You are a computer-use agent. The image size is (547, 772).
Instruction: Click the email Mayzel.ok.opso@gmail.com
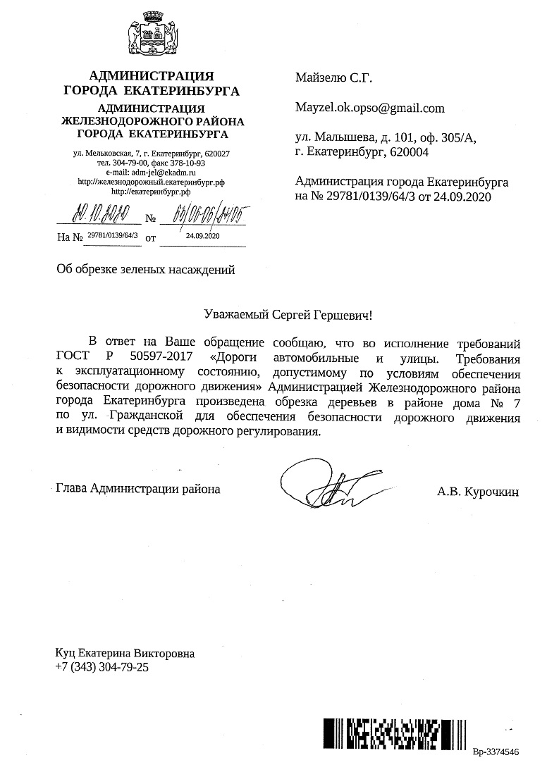pos(370,108)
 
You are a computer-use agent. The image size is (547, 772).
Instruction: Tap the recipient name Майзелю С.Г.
pos(333,78)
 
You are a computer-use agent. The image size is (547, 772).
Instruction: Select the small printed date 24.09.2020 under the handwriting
pos(203,237)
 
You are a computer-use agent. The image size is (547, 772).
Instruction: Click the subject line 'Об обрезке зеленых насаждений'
pos(145,268)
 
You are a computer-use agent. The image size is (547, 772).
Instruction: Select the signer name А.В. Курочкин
pos(477,493)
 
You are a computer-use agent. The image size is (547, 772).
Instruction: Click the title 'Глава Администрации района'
pos(137,488)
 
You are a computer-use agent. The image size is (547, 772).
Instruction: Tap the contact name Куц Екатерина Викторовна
pos(125,653)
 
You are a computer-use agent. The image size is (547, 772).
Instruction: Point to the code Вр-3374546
pos(496,752)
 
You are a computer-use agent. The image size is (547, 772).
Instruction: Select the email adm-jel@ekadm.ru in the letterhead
pos(150,171)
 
